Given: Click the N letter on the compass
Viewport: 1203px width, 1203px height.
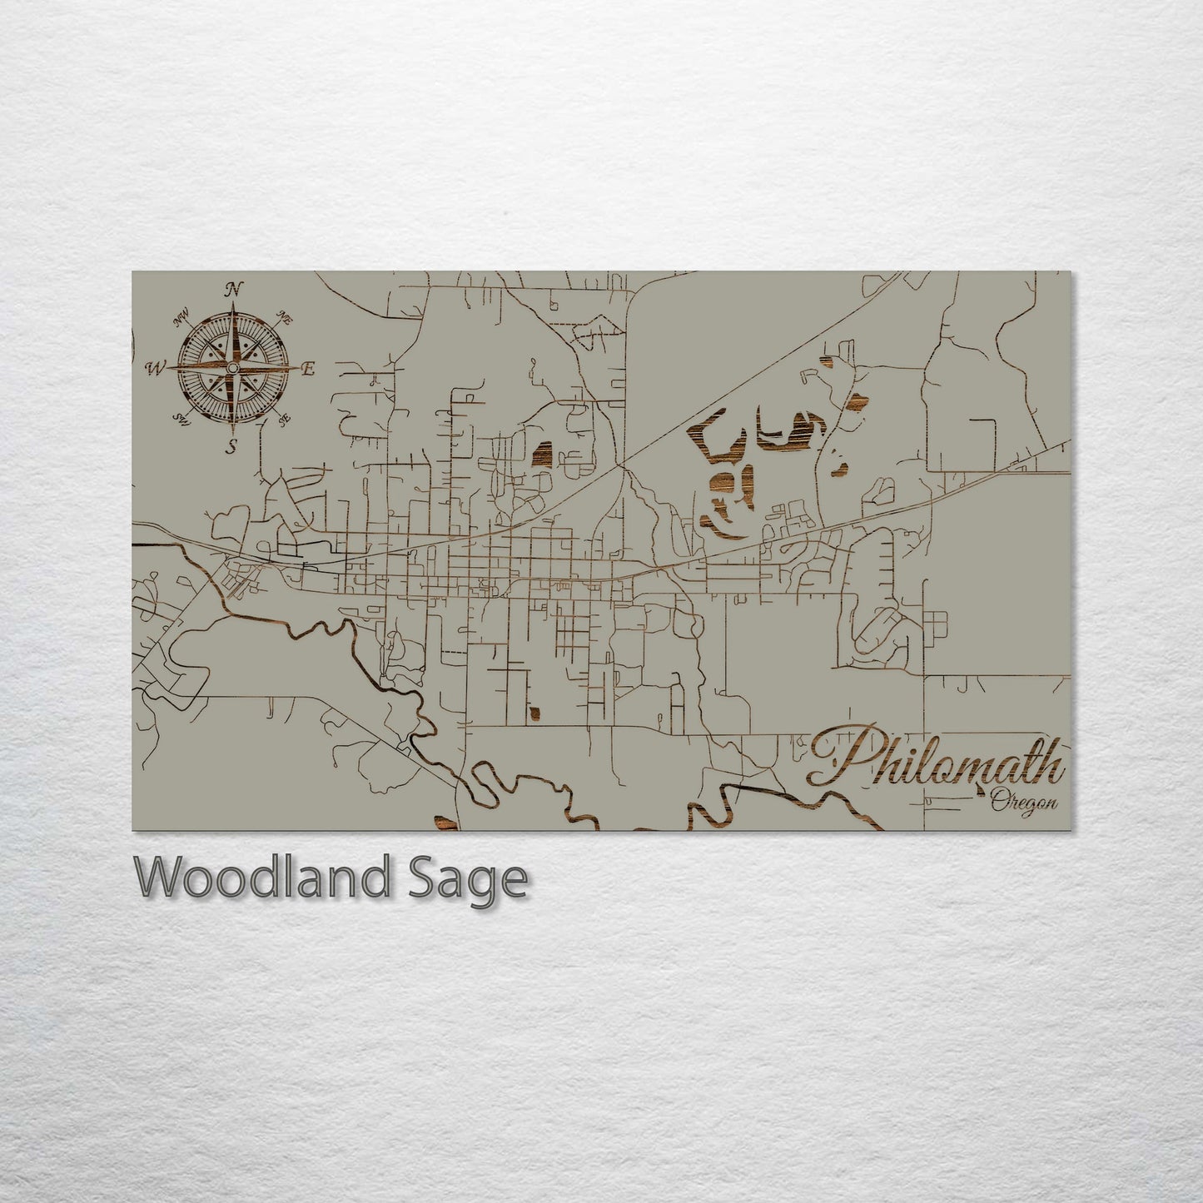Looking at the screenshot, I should (235, 289).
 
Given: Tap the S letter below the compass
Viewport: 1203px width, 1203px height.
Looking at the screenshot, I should (233, 446).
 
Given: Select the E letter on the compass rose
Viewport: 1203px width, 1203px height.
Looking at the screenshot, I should (307, 370).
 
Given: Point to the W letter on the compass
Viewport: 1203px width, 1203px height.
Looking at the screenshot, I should (156, 367).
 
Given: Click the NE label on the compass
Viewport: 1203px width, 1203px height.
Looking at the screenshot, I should (285, 317).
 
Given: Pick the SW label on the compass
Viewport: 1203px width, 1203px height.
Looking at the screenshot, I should (181, 417).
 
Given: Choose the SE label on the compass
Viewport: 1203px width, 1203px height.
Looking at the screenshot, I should (283, 418).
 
